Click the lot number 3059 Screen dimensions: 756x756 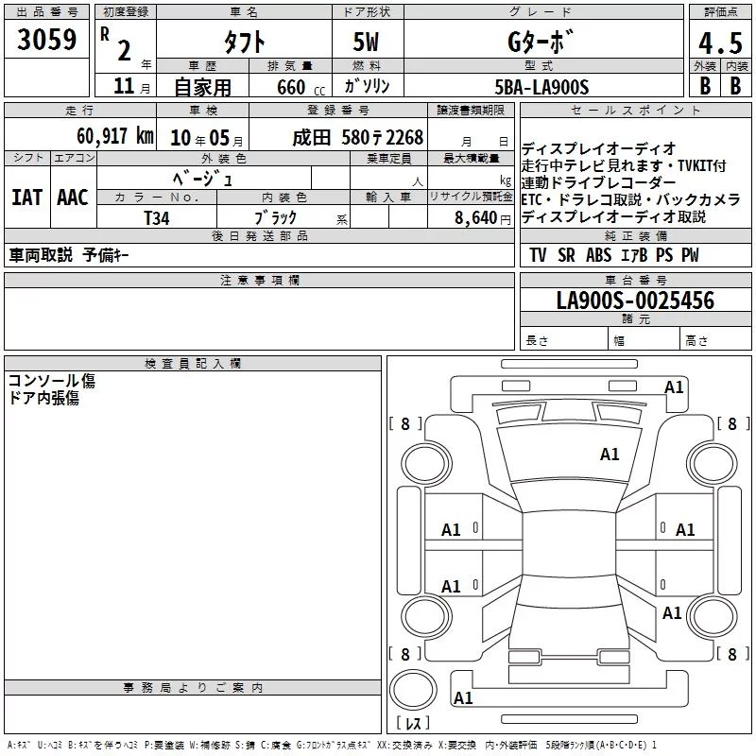46,40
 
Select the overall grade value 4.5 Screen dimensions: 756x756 721,43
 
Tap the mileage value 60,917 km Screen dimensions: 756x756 115,136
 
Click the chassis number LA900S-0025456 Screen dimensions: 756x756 635,301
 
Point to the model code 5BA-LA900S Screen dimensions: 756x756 541,87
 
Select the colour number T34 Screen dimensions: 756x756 157,218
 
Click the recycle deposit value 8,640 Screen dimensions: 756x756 476,218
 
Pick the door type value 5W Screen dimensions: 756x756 366,42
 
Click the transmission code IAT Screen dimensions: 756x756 27,198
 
